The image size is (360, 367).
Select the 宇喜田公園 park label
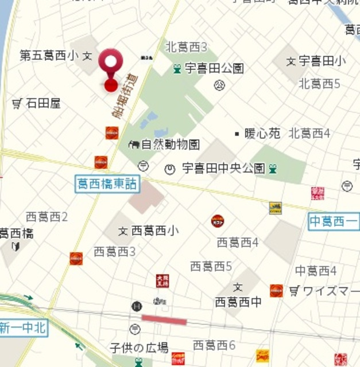point(214,68)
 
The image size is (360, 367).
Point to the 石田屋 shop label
point(43,103)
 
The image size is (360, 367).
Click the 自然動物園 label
point(170,144)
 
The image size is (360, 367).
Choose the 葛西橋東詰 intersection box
point(107,183)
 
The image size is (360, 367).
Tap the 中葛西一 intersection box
point(334,221)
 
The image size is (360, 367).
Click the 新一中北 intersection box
point(22,328)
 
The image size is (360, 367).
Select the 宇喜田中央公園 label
point(223,169)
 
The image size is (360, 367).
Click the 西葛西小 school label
point(154,231)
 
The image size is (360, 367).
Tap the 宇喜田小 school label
point(322,60)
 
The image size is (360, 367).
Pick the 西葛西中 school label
point(238,300)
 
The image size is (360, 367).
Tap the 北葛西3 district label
point(186,47)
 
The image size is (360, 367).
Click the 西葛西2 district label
point(47,217)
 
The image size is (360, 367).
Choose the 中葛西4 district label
point(316,271)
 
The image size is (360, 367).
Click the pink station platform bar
point(164,320)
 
